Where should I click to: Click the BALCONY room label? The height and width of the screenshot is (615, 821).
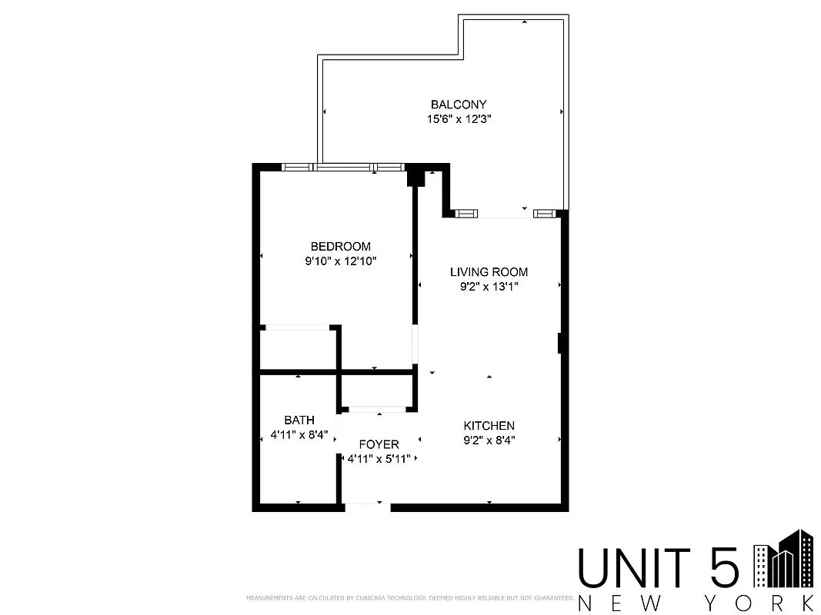(x=459, y=105)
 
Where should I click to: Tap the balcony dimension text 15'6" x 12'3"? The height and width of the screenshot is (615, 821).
(x=459, y=119)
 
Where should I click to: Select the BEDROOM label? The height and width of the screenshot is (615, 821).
(x=340, y=247)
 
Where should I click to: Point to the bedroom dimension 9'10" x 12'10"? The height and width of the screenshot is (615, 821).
(x=340, y=261)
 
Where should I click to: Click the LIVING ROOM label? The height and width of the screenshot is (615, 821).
(x=489, y=272)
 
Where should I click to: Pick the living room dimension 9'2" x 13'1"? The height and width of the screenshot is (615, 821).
(x=489, y=288)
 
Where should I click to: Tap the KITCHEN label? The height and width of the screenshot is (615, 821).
(x=489, y=426)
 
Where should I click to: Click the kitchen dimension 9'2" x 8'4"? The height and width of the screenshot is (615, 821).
(x=489, y=440)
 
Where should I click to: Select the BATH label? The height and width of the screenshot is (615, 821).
(x=299, y=421)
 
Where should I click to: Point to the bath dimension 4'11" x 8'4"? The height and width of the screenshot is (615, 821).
(x=299, y=435)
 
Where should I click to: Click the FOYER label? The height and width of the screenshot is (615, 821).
(x=379, y=445)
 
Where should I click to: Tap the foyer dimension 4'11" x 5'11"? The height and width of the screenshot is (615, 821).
(x=379, y=459)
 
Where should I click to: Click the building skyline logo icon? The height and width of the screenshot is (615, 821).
(x=783, y=559)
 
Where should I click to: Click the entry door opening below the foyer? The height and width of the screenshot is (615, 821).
(x=366, y=506)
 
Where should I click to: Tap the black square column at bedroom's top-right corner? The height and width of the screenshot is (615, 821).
(x=416, y=177)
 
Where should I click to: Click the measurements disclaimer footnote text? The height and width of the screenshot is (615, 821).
(x=409, y=597)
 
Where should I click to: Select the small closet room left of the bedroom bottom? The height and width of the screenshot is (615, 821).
(x=298, y=351)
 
